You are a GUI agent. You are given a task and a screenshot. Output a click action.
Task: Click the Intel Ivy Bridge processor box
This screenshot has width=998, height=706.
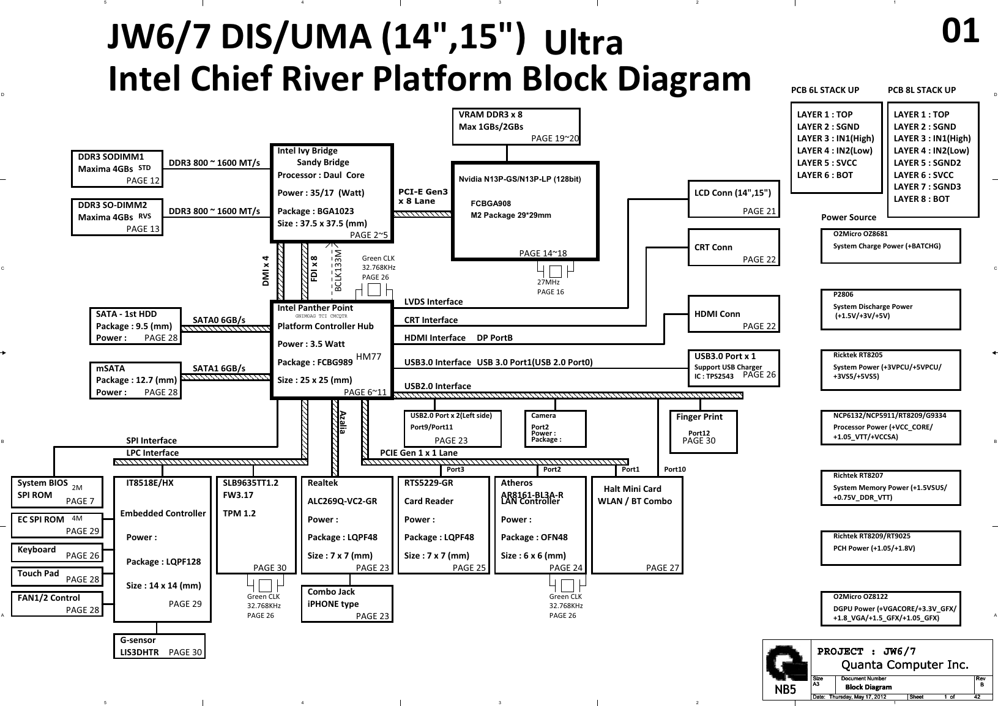click(331, 193)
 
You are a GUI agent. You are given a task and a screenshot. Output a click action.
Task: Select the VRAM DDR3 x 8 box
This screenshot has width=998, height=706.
click(516, 127)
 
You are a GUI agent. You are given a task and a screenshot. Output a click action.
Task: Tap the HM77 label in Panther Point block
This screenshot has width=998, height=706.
click(368, 357)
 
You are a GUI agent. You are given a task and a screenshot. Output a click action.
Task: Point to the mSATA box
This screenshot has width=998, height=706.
click(135, 381)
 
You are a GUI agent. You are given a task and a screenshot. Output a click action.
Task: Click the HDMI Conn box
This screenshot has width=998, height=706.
click(734, 314)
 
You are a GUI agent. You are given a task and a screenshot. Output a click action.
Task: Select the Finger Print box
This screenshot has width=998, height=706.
click(703, 431)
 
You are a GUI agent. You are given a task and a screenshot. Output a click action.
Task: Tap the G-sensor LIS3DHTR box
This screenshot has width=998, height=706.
click(159, 646)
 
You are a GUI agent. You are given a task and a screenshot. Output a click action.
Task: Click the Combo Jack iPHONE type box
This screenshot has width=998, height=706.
click(347, 604)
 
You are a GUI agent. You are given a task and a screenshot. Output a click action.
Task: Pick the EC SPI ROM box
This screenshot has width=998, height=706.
click(56, 524)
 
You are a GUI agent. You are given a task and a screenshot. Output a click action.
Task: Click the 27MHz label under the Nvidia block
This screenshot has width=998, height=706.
click(548, 283)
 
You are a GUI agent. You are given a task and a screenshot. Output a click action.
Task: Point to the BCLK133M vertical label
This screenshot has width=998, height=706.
click(338, 270)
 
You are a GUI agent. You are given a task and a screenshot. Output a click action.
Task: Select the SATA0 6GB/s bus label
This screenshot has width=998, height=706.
click(219, 319)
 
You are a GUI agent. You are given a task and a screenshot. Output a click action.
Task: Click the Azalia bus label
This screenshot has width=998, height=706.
click(343, 422)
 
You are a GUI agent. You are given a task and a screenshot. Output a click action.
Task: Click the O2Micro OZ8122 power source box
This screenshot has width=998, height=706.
click(890, 608)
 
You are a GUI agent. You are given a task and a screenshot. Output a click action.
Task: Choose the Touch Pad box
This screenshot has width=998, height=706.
click(56, 576)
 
